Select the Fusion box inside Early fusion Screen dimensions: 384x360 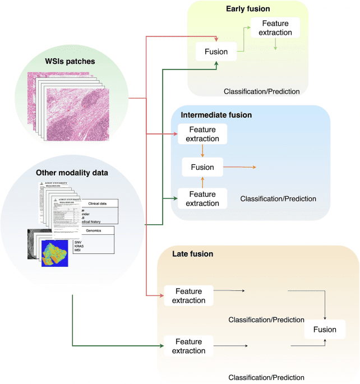[x=215, y=52]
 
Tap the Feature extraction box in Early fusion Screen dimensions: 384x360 [x=275, y=27]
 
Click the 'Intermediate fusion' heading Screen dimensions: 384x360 [x=216, y=115]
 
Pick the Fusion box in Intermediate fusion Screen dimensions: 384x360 [x=202, y=166]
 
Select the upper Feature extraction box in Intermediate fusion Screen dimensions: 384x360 [x=202, y=134]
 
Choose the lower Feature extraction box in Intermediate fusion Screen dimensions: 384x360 [x=202, y=198]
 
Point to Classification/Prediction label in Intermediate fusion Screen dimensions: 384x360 [x=278, y=198]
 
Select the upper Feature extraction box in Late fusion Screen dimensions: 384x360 [x=189, y=295]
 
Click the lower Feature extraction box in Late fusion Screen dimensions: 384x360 [x=189, y=345]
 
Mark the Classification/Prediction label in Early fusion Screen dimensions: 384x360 [x=261, y=91]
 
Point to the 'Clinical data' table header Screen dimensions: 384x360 [x=100, y=203]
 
